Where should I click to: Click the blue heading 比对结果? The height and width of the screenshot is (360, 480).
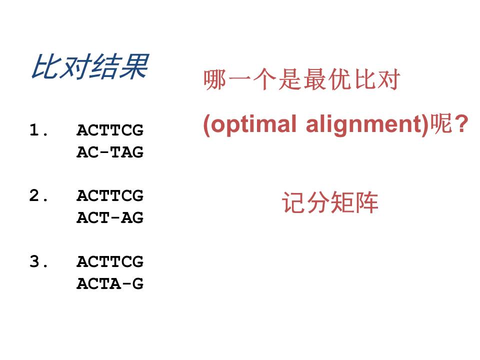click(89, 66)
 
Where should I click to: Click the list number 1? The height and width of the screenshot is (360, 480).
click(38, 130)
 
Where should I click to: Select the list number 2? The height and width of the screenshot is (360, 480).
click(38, 195)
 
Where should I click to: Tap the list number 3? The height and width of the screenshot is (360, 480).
click(38, 261)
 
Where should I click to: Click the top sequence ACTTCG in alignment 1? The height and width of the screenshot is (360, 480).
click(110, 130)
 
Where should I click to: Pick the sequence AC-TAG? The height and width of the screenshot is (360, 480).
click(110, 152)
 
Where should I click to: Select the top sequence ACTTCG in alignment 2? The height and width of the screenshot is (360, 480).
click(110, 195)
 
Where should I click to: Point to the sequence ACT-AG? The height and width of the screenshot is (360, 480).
click(110, 217)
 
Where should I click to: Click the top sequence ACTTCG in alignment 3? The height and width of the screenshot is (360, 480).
click(110, 261)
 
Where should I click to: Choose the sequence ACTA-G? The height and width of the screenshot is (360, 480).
click(110, 283)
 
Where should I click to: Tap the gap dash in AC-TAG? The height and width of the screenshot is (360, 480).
click(104, 152)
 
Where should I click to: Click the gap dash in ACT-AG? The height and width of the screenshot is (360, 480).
click(115, 217)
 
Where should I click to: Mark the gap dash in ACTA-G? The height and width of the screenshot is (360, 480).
click(126, 283)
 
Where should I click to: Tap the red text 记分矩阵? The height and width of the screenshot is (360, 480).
click(329, 202)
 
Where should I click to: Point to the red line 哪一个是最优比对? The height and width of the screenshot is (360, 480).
click(302, 79)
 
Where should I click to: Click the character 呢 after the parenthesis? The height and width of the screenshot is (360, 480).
click(441, 123)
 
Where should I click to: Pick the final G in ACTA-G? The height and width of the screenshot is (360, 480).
click(138, 283)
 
